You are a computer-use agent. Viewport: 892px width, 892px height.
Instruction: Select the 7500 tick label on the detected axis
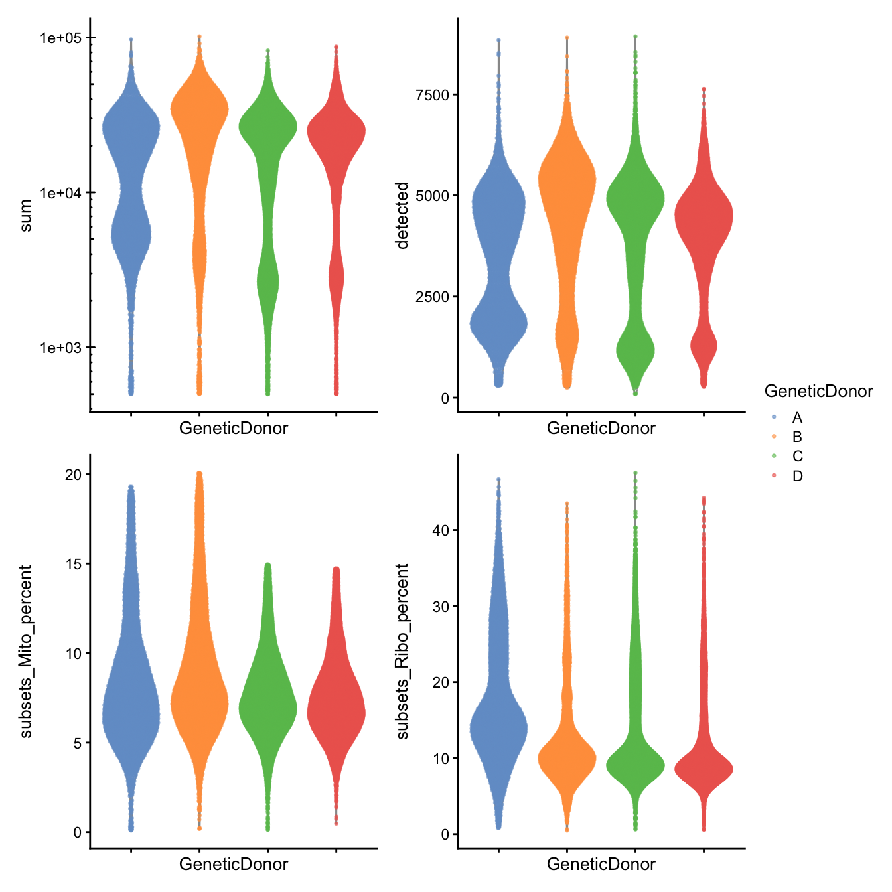tap(432, 95)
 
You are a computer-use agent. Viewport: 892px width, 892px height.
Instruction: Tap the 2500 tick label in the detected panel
tap(432, 297)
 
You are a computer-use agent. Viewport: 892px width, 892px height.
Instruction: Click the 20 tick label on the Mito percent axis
tap(73, 475)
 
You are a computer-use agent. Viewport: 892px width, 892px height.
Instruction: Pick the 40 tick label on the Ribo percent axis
tap(440, 530)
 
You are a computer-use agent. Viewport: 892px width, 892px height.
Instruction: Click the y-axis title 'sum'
tap(26, 216)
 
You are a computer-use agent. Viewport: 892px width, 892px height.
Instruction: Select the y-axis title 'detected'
tap(402, 216)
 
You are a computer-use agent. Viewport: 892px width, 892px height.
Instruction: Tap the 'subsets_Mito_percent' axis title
tap(26, 651)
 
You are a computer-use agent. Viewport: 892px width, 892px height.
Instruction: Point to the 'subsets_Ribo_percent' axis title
tap(402, 651)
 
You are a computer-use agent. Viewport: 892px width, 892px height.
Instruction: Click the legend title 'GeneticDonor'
tap(818, 392)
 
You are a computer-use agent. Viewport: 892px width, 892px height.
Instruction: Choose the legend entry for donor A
tap(796, 417)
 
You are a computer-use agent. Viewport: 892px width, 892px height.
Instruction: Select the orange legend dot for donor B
tap(774, 437)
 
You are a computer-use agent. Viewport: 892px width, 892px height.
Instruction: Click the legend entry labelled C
tap(796, 456)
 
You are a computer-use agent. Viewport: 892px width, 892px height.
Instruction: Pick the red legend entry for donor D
tap(796, 476)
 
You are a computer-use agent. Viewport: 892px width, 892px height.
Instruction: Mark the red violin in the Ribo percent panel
tap(704, 769)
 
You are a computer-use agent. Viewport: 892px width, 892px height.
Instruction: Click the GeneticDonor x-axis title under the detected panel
tap(601, 429)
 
